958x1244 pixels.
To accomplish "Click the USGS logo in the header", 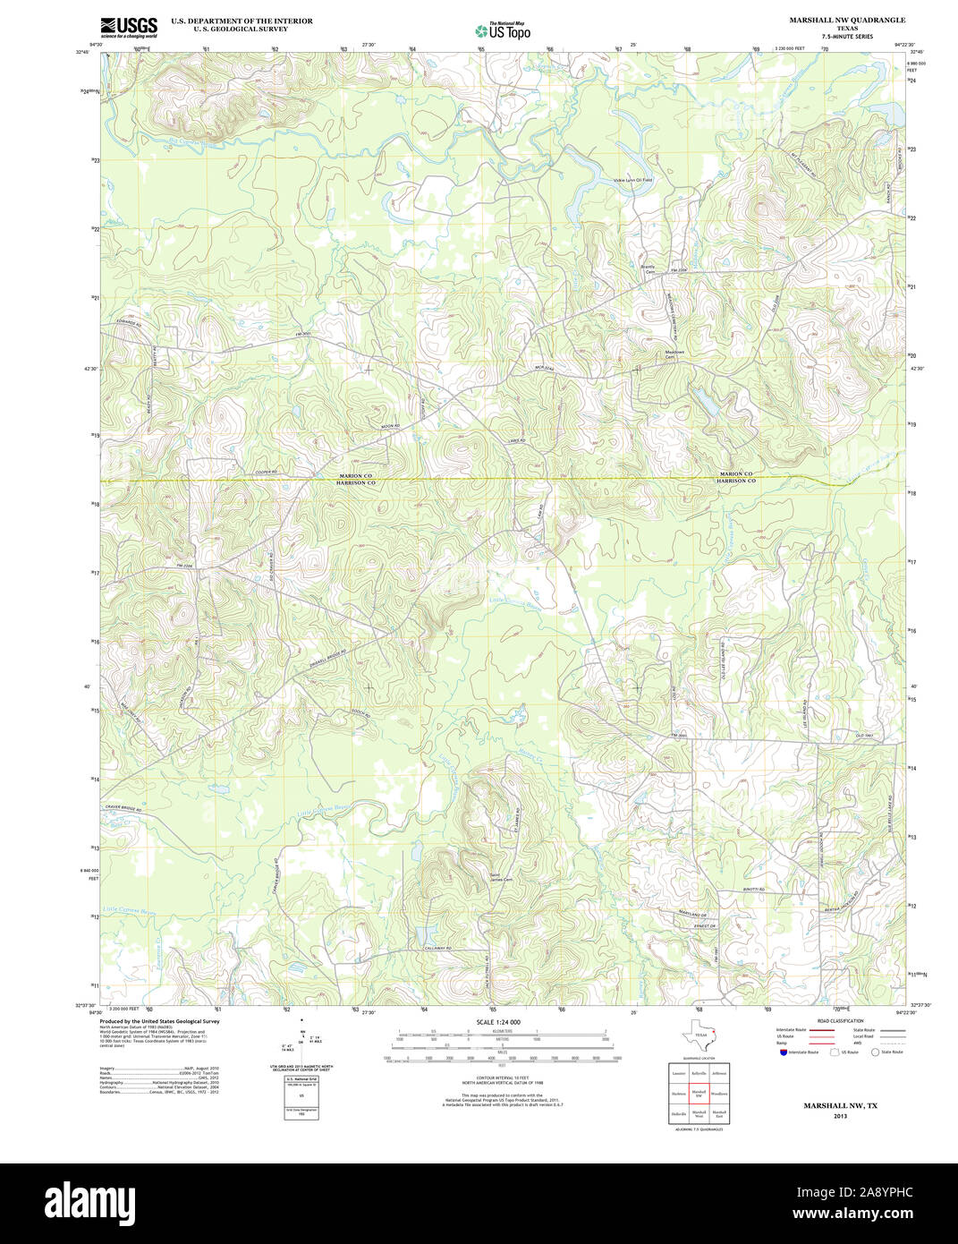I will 129,27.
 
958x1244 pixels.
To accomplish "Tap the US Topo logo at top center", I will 503,30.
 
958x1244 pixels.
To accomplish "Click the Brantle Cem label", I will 649,268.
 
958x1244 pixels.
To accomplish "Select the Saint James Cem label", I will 501,878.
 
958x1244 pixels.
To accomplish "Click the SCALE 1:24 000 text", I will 498,1022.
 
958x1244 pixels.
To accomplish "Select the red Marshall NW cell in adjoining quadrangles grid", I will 699,1093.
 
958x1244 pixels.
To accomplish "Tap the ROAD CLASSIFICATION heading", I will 840,1021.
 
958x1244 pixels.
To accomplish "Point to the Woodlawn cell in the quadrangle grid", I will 719,1093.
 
